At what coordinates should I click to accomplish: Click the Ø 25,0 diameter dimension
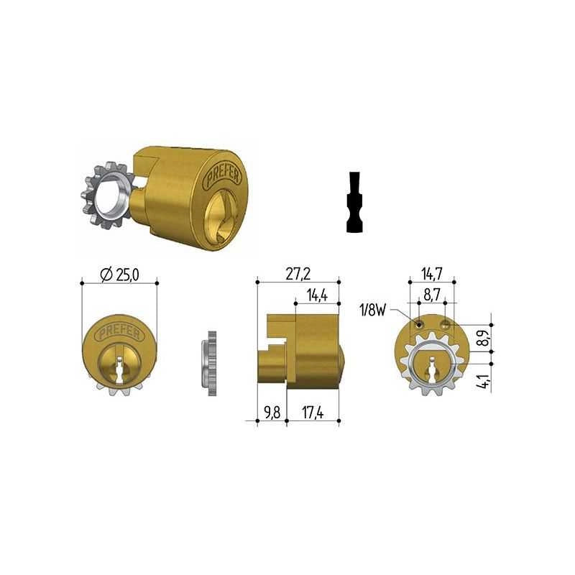click(x=119, y=275)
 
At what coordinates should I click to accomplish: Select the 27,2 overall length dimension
click(x=298, y=274)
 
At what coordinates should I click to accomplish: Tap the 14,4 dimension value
click(x=317, y=295)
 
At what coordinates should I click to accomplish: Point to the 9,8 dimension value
click(x=272, y=413)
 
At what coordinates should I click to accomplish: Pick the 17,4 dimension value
click(x=313, y=413)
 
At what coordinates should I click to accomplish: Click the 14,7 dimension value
click(x=432, y=274)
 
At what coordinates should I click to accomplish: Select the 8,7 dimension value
click(x=432, y=296)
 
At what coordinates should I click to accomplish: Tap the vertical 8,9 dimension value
click(x=484, y=337)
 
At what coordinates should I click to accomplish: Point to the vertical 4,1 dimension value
click(x=484, y=382)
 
